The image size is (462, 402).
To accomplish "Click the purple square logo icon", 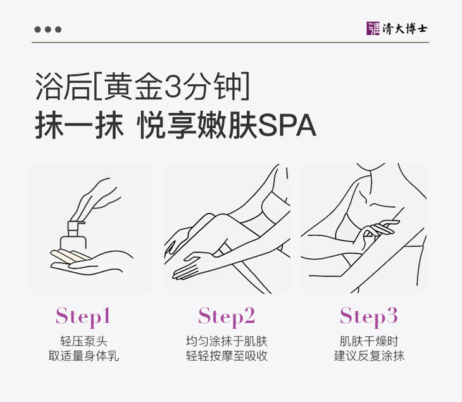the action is [x=373, y=28].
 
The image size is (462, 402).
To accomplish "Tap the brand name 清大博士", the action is [x=405, y=28].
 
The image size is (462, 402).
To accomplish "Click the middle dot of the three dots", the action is [x=48, y=30].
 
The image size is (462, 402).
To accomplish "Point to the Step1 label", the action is [x=83, y=317].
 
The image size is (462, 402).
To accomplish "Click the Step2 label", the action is [x=227, y=317].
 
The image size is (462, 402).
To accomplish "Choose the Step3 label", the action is [x=368, y=317].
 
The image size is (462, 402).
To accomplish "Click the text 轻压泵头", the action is [x=84, y=341].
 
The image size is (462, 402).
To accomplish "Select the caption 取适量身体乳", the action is [x=84, y=356].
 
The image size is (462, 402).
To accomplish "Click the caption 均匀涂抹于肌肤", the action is [x=227, y=341].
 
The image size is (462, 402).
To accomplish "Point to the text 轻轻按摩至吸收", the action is [x=227, y=356].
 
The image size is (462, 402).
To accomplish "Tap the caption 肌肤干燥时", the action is [x=369, y=341].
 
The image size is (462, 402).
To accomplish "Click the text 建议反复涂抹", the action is [x=369, y=356].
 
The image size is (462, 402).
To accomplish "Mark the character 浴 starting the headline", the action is [x=48, y=86].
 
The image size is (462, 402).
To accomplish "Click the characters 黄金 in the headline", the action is [x=133, y=86].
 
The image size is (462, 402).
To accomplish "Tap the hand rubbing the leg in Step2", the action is [x=192, y=265].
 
